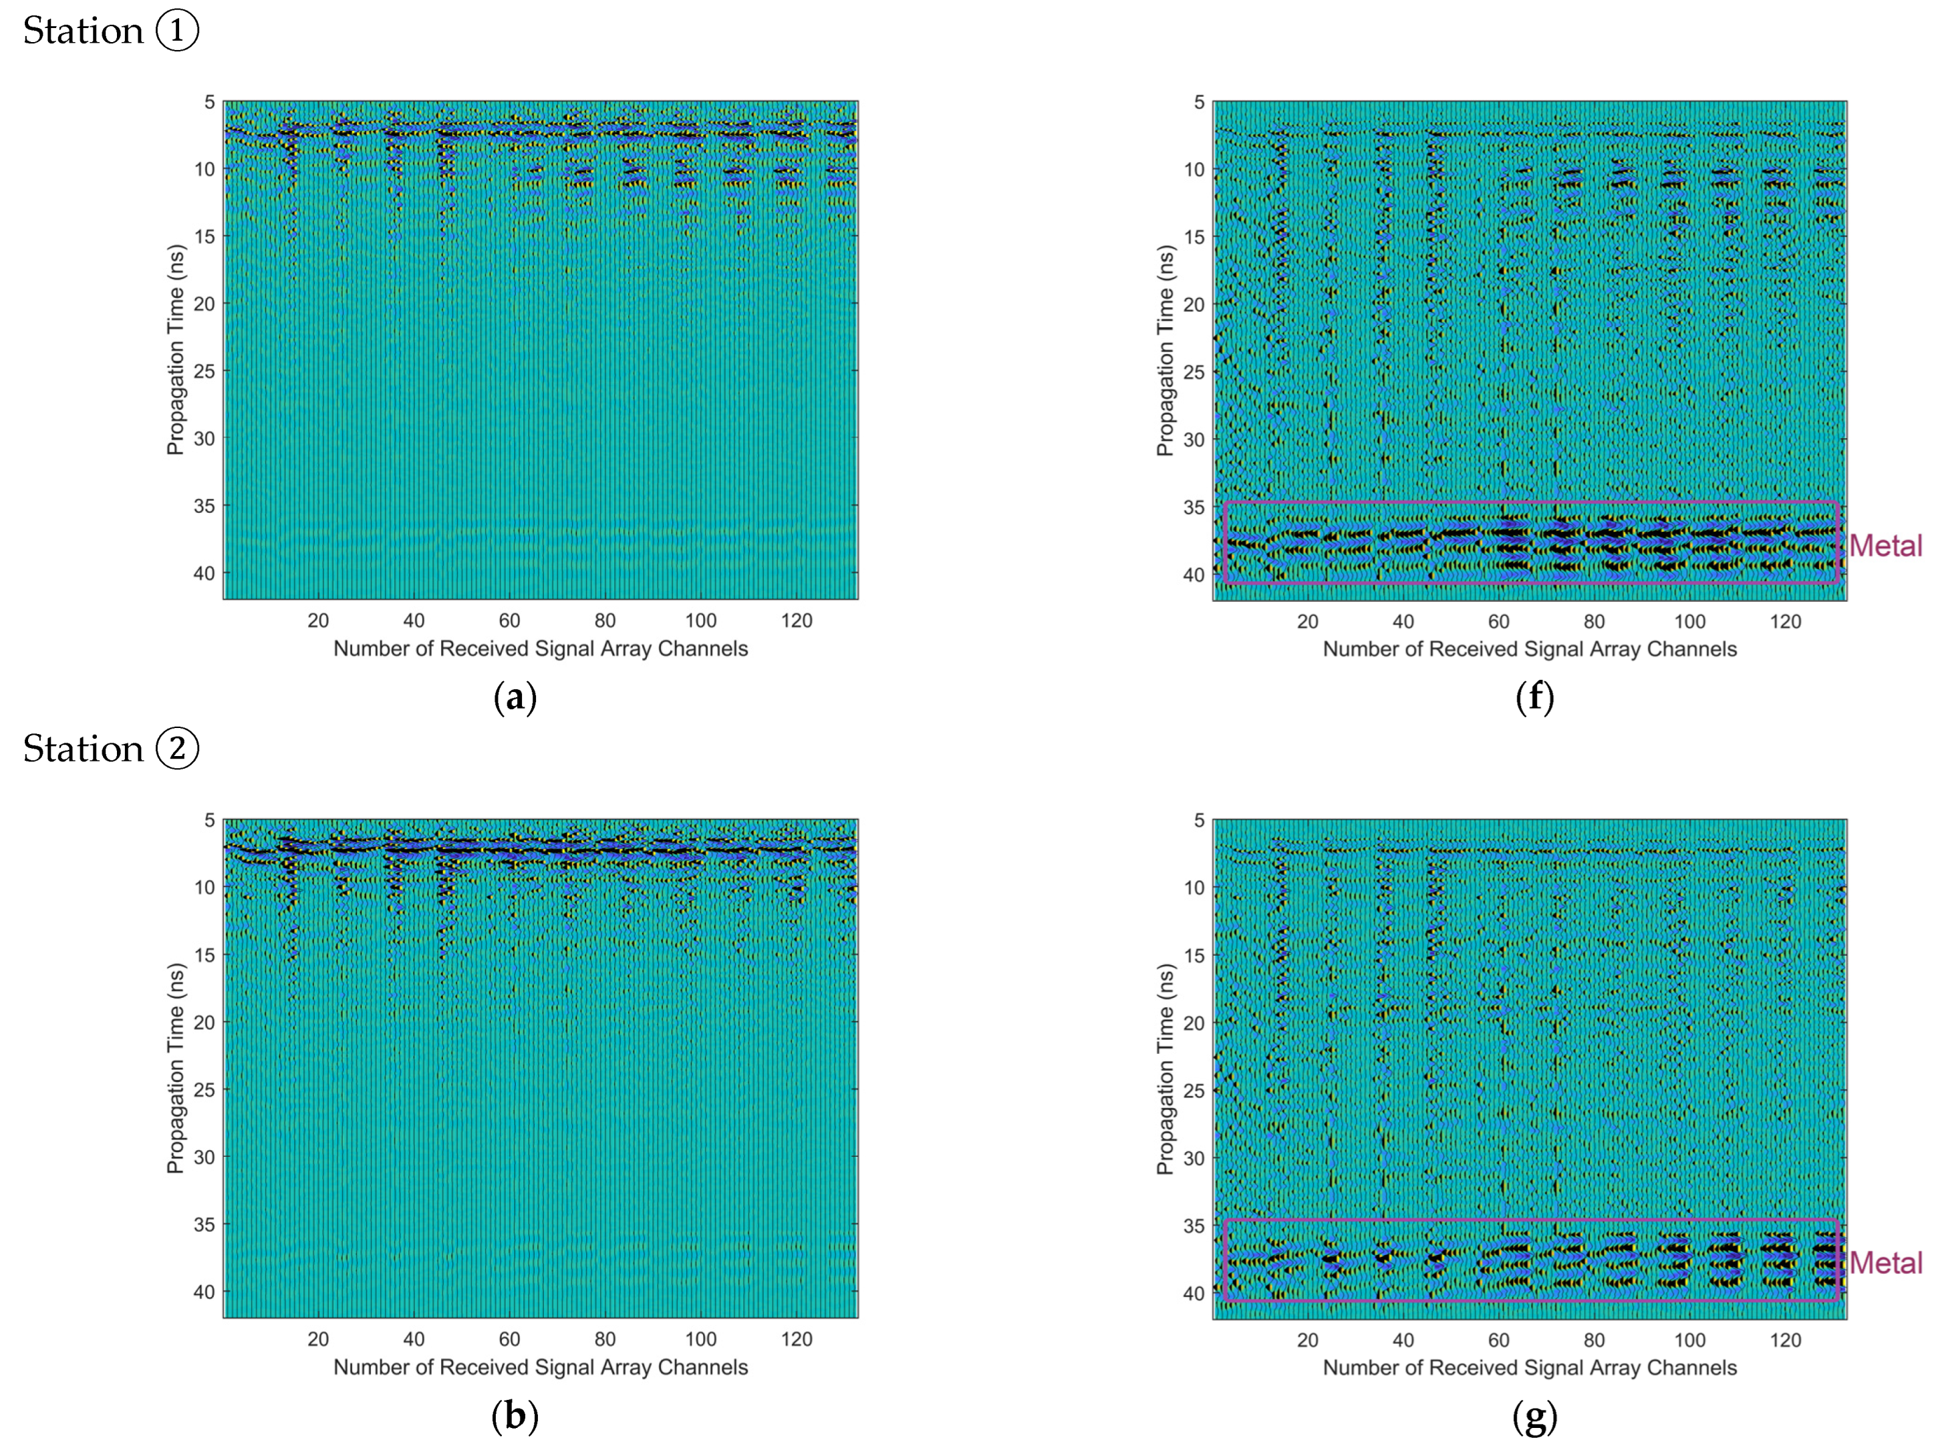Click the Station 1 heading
(111, 31)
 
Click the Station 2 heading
(111, 749)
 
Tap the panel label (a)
(515, 698)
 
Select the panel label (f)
(1534, 698)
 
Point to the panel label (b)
(515, 1416)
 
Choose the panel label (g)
(1534, 1416)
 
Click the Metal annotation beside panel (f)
(1885, 546)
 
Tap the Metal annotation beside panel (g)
(1885, 1263)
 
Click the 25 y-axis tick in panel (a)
(204, 371)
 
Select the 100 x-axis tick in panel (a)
(700, 621)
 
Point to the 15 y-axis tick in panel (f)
(1194, 237)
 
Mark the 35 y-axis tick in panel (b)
(204, 1224)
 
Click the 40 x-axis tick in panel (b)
(414, 1339)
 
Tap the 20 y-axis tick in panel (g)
(1194, 1023)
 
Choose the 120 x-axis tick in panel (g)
(1786, 1340)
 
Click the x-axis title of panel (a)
(541, 649)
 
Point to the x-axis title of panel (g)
(1530, 1367)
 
